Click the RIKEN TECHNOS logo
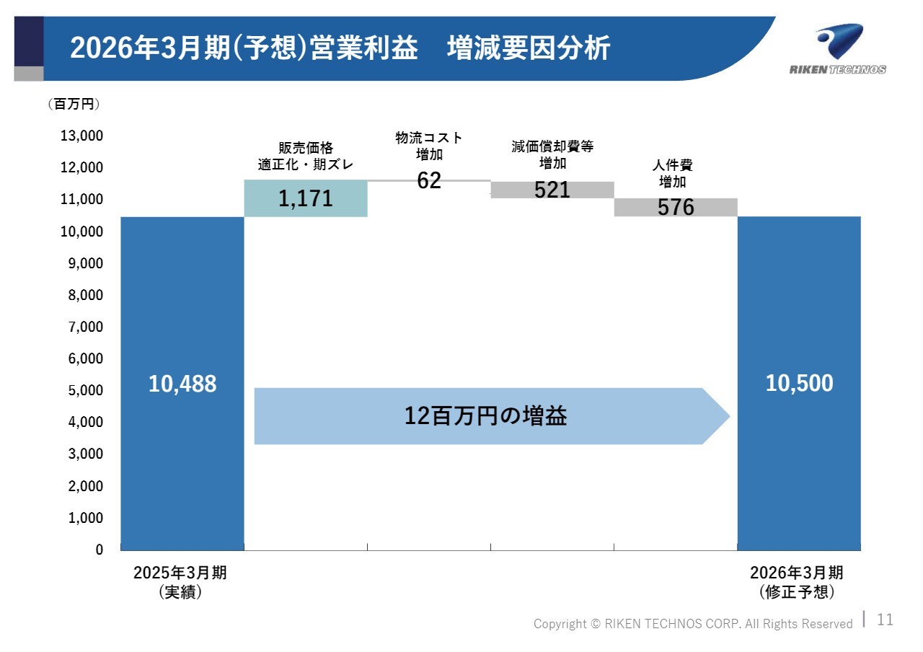838,49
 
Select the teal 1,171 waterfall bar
306,198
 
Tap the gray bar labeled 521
552,190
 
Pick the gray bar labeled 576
676,207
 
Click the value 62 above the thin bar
429,180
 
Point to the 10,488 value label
182,384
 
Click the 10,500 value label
799,384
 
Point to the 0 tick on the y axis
99,550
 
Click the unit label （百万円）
74,105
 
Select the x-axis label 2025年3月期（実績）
180,583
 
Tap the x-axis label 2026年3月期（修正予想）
796,583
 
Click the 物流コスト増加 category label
429,146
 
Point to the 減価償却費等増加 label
552,154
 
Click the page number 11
885,620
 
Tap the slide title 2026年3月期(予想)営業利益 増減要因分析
340,49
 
